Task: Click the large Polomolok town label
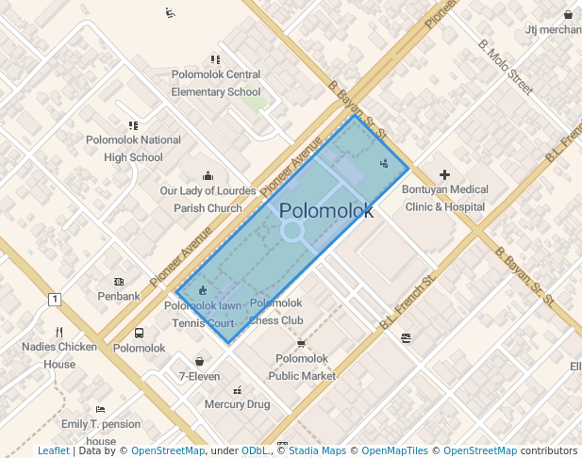pos(326,211)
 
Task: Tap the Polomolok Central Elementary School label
pos(216,83)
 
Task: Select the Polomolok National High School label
pos(133,149)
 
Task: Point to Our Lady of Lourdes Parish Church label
pos(208,199)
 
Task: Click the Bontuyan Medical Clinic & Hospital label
pos(445,198)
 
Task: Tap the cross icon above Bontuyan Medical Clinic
pos(445,174)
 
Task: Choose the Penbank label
pos(119,296)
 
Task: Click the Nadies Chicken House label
pos(59,355)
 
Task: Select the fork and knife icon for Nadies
pos(59,332)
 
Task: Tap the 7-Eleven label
pos(199,376)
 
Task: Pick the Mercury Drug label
pos(237,404)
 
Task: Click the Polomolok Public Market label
pos(302,367)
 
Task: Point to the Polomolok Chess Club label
pos(276,311)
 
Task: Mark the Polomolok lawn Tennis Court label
pos(203,314)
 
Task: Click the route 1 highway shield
pos(55,300)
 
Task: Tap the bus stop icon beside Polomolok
pos(140,333)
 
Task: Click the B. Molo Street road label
pos(506,66)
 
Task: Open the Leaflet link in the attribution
pos(53,450)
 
